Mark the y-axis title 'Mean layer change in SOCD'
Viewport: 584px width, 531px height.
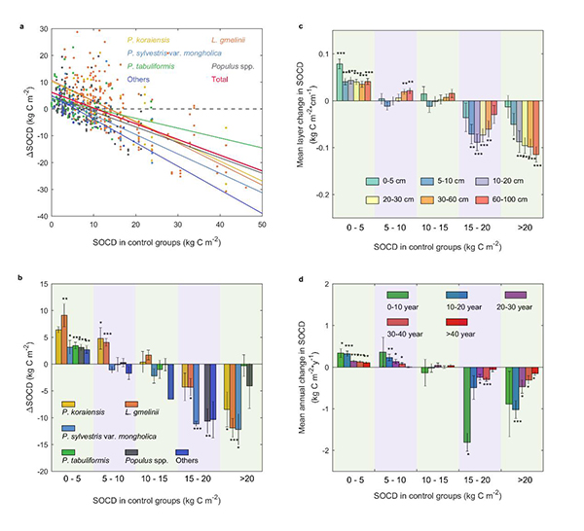310,109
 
